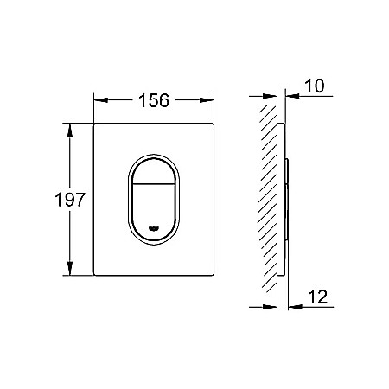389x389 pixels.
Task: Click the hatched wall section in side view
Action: pyautogui.click(x=269, y=199)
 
